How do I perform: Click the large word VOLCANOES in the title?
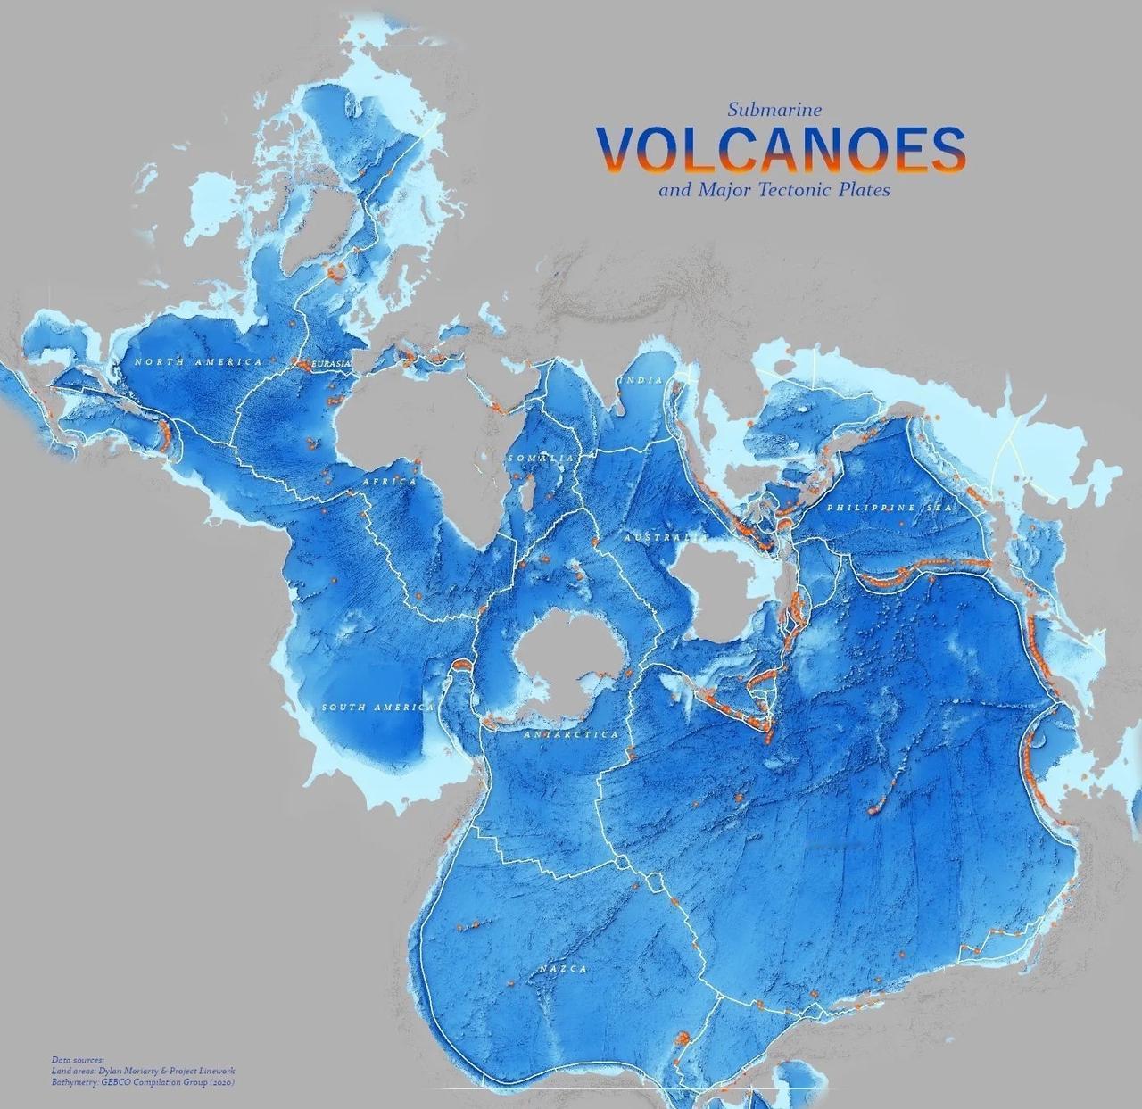pos(782,148)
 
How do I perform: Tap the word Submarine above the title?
pos(774,110)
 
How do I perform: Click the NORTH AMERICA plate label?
pos(199,361)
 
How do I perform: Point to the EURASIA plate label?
pos(332,365)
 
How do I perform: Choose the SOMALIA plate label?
pos(541,458)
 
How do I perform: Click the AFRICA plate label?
pos(389,482)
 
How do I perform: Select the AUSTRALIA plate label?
pos(666,539)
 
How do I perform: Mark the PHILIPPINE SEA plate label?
pos(890,507)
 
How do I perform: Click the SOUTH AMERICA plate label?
pos(377,708)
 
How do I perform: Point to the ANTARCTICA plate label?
pos(570,734)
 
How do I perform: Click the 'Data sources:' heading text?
pos(78,1061)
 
